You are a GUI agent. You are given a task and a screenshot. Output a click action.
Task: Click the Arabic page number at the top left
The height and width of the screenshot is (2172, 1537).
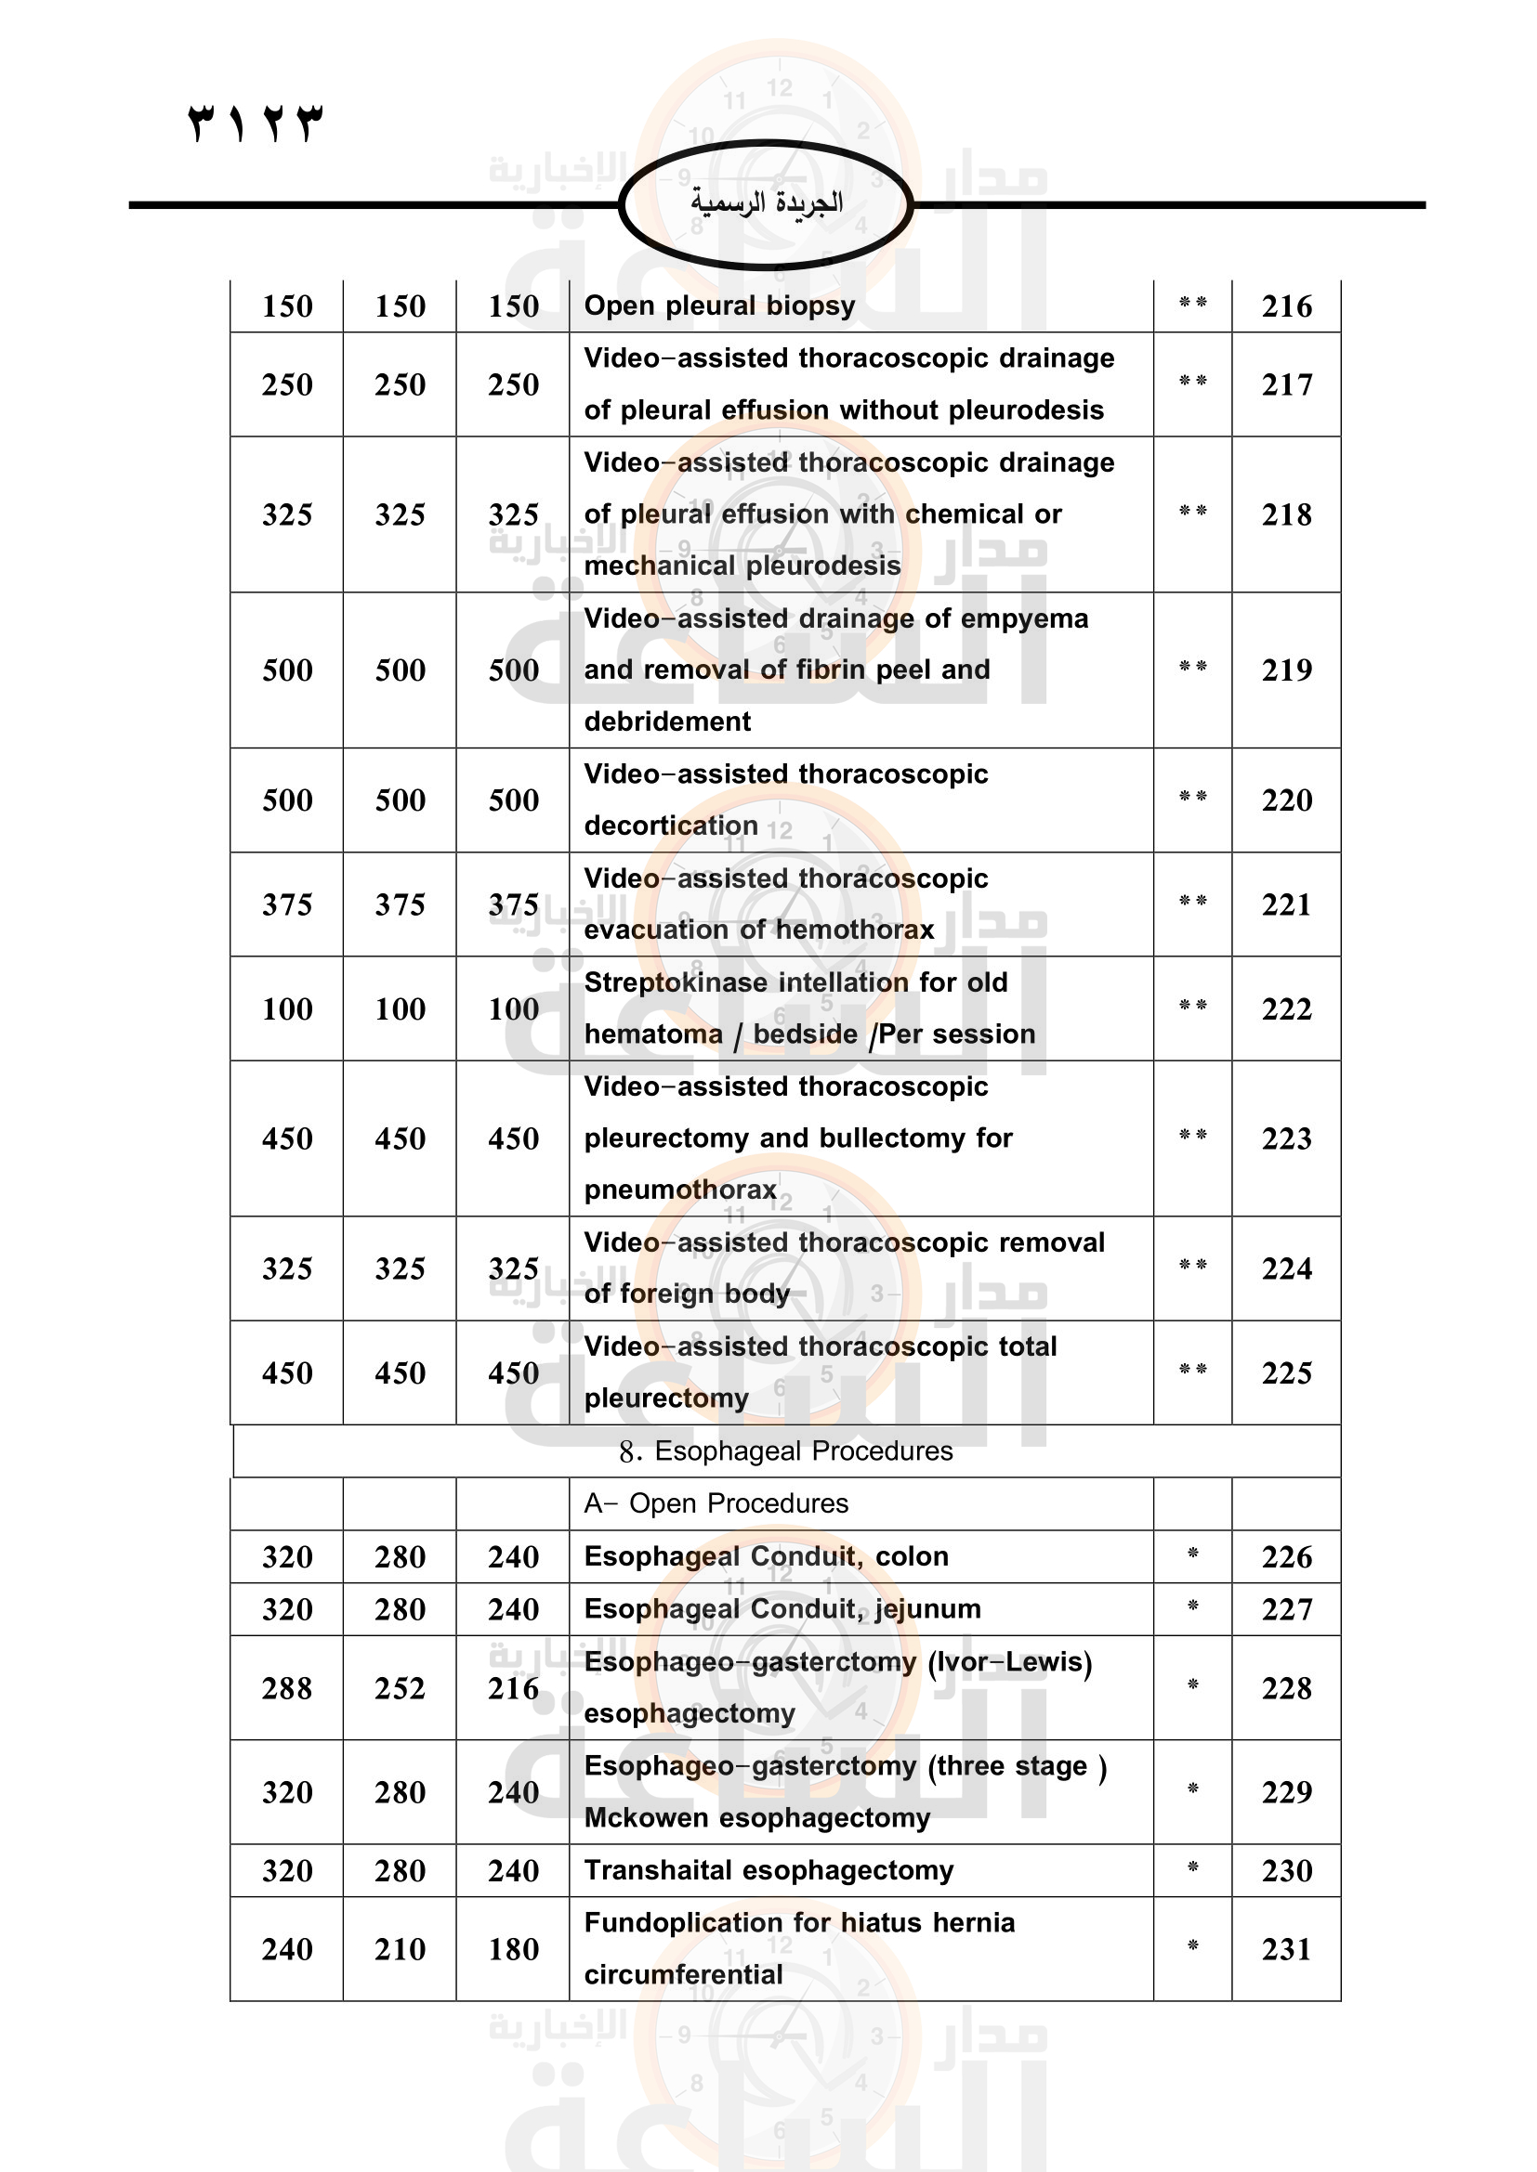pyautogui.click(x=256, y=123)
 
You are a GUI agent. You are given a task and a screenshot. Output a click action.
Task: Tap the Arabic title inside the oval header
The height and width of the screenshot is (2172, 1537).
pyautogui.click(x=766, y=202)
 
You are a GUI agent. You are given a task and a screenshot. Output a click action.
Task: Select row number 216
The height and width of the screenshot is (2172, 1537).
pyautogui.click(x=1286, y=306)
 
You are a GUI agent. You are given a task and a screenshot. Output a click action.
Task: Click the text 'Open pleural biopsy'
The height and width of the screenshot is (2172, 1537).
pyautogui.click(x=719, y=306)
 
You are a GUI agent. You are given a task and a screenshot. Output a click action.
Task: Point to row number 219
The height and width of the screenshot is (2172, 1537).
pyautogui.click(x=1286, y=670)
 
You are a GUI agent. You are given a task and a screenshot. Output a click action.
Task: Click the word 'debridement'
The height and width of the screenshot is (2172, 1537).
pyautogui.click(x=667, y=722)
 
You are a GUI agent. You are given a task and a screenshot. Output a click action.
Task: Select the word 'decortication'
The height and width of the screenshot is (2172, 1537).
pyautogui.click(x=671, y=826)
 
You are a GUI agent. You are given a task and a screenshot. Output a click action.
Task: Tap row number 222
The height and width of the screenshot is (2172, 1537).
pyautogui.click(x=1286, y=1009)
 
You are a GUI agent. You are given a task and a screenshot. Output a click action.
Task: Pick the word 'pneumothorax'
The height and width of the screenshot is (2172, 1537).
pyautogui.click(x=680, y=1190)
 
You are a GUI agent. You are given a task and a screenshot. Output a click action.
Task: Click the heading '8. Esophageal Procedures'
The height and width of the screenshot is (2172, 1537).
pyautogui.click(x=785, y=1451)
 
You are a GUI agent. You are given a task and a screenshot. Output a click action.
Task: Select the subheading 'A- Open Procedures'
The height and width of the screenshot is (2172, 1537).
pyautogui.click(x=716, y=1503)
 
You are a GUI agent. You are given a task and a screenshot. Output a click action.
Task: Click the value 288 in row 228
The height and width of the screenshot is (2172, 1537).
pyautogui.click(x=287, y=1688)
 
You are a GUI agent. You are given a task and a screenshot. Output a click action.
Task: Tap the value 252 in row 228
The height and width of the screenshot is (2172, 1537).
pyautogui.click(x=401, y=1688)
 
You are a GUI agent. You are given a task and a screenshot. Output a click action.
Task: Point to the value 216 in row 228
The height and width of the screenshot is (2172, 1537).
pyautogui.click(x=513, y=1688)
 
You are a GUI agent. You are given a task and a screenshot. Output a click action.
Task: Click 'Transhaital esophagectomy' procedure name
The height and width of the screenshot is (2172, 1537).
pyautogui.click(x=768, y=1870)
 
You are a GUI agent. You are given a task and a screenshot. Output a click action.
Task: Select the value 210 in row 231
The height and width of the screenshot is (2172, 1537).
pyautogui.click(x=401, y=1949)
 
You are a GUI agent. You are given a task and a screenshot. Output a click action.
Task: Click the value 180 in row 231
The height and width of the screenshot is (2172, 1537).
pyautogui.click(x=513, y=1949)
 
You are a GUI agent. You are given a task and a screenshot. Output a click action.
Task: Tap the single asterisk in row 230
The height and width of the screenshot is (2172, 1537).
pyautogui.click(x=1192, y=1867)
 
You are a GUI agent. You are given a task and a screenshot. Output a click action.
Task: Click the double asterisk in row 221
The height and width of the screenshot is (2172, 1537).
pyautogui.click(x=1192, y=902)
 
